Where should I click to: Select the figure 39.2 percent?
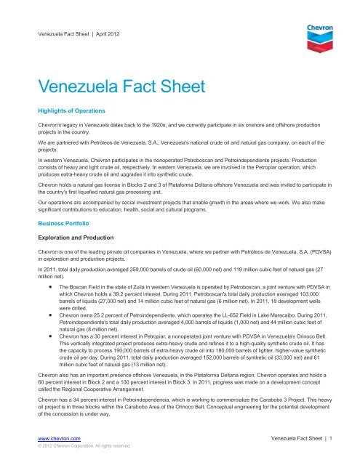pyautogui.click(x=127, y=308)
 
